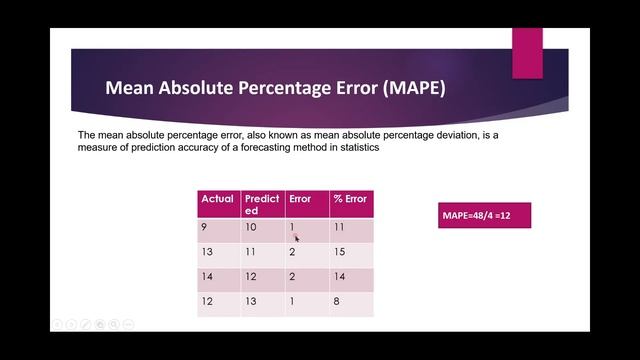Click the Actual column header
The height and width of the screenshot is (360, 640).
218,199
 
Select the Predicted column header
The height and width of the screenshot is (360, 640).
262,204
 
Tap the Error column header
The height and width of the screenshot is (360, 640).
300,199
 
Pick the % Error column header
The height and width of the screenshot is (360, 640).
350,199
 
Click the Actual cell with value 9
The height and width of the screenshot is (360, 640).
205,228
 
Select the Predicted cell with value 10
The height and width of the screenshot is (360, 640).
251,228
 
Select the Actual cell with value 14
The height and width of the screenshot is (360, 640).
208,277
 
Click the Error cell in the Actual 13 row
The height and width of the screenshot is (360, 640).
292,252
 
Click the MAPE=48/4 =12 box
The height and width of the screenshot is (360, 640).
484,215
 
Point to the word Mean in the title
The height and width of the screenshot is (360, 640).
131,89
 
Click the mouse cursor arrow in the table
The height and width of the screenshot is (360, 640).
297,238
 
